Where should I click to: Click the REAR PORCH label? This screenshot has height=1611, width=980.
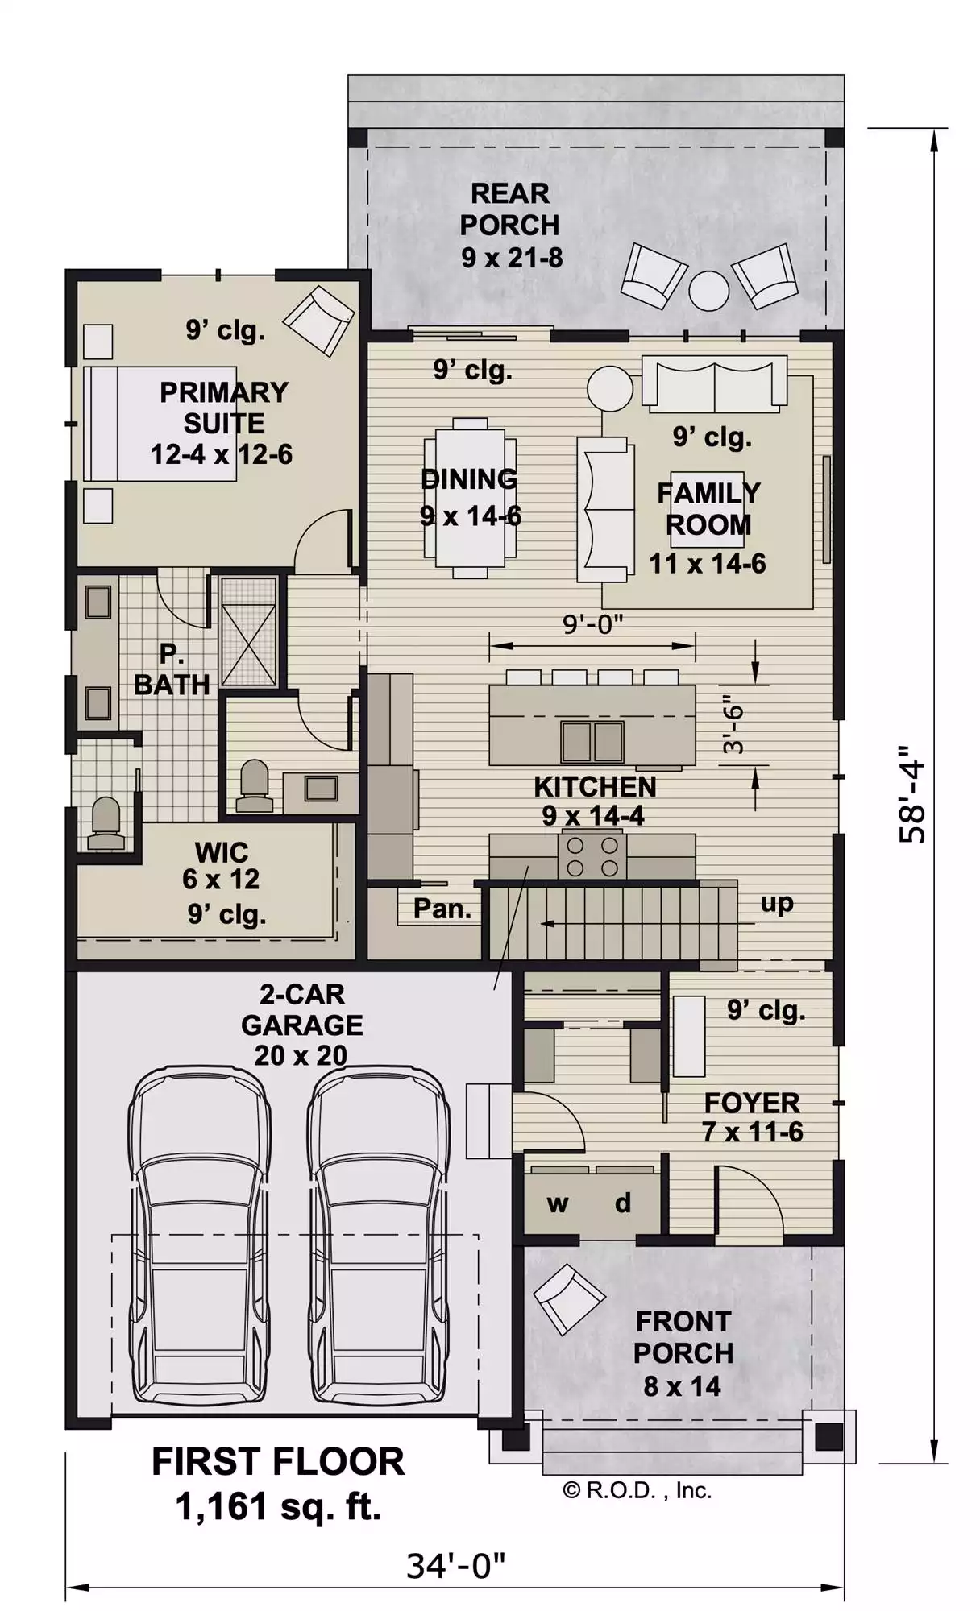pos(510,225)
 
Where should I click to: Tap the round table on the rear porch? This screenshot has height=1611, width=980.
pos(709,290)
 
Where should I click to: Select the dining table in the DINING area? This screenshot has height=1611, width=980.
pos(471,497)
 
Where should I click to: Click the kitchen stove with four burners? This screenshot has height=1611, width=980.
pos(592,856)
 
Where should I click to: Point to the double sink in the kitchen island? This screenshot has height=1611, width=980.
pos(592,741)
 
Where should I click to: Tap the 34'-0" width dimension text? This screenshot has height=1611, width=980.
pos(455,1566)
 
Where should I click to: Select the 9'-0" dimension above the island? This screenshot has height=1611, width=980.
pos(592,623)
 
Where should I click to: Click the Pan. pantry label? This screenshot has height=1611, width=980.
pos(442,909)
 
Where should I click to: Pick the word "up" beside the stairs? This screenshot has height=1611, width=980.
pos(777,904)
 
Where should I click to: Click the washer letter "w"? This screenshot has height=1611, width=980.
pos(558,1204)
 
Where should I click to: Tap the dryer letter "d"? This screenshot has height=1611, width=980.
pos(623,1203)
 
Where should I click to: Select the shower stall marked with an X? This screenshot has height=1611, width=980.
pos(249,632)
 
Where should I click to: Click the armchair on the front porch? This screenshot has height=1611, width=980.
pos(569,1298)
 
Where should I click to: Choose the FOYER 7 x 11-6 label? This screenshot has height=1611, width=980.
pos(752,1117)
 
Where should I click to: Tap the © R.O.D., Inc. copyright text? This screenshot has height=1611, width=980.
pos(637,1490)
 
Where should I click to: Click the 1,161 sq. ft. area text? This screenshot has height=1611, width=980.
pos(278,1506)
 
